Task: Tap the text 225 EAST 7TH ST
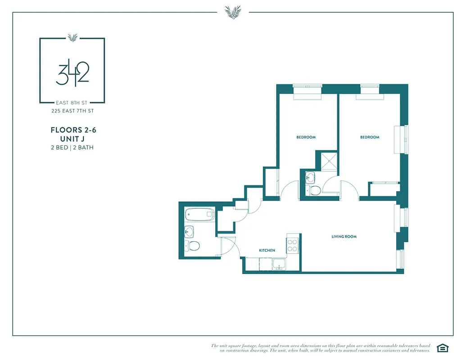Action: [x=72, y=111]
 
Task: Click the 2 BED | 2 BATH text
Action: [x=72, y=147]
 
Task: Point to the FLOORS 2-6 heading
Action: [x=73, y=130]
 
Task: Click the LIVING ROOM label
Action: [x=344, y=237]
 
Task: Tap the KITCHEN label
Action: [x=267, y=250]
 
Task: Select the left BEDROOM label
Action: [x=306, y=137]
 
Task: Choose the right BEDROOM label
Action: [x=370, y=137]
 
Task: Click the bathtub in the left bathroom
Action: [x=199, y=214]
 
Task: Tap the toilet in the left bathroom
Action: [x=193, y=246]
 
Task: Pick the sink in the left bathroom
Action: [x=190, y=232]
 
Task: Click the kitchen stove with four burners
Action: [x=293, y=245]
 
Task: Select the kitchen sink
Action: [x=279, y=264]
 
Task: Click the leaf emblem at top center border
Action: [x=233, y=12]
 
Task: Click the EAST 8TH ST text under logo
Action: [x=72, y=103]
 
